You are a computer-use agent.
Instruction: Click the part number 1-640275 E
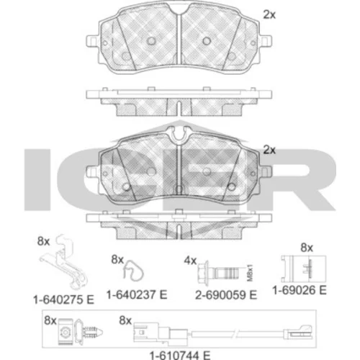(63, 300)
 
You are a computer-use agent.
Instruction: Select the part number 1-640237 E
(137, 294)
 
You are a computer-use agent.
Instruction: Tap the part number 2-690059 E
(226, 295)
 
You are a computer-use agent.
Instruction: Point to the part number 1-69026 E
(300, 290)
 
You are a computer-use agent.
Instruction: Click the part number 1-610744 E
(180, 355)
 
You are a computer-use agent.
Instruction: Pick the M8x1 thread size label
(250, 273)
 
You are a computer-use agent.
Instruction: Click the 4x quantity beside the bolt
(190, 261)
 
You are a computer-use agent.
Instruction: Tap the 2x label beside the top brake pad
(269, 15)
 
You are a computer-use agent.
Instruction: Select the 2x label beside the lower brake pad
(269, 150)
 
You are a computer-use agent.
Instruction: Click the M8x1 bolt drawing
(218, 273)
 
